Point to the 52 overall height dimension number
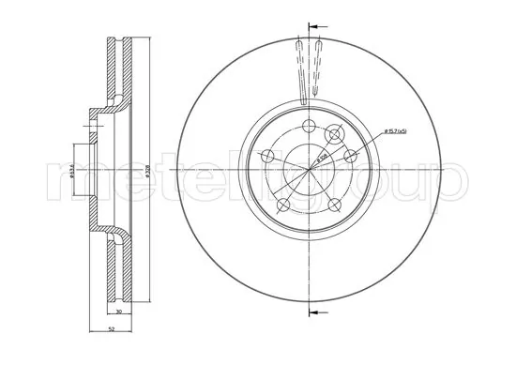[111, 329]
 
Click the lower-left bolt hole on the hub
[284, 203]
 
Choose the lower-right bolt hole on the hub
[333, 203]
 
